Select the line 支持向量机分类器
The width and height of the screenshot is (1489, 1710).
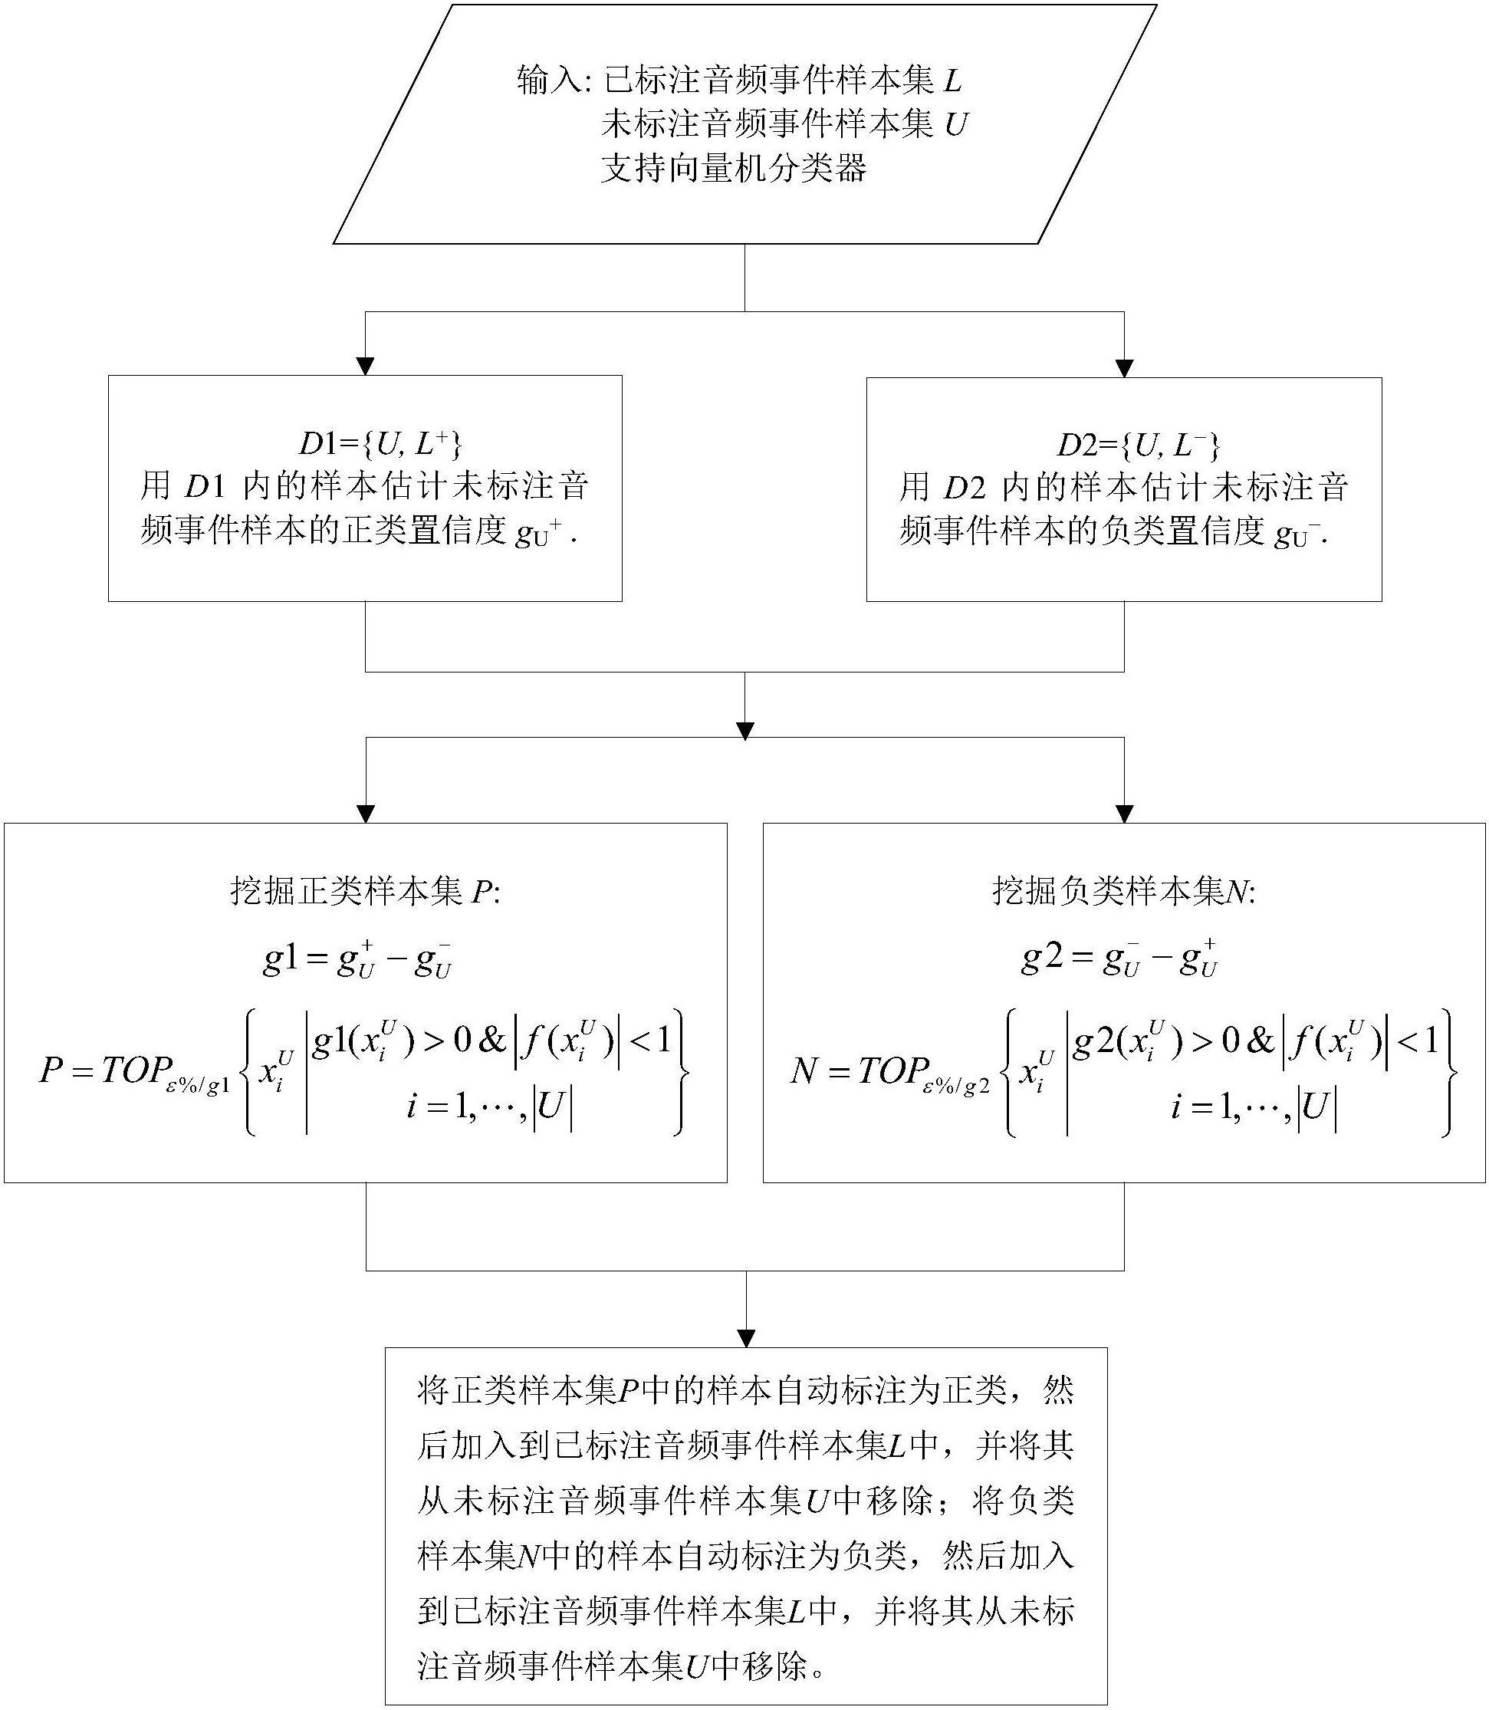coord(734,169)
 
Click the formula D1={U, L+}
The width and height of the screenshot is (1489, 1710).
coord(380,445)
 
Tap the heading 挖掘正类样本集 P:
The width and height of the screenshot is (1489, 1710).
coord(366,892)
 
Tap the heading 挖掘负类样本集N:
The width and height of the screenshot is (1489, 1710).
coord(1124,892)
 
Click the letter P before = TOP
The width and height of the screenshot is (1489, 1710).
coord(51,1070)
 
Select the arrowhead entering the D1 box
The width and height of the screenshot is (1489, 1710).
coord(365,367)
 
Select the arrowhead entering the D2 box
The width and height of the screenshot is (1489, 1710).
coord(1124,368)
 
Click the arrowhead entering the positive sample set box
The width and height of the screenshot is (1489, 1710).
coord(365,814)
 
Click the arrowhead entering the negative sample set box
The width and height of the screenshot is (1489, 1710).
coord(1124,814)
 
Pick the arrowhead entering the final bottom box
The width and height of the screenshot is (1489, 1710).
coord(746,1338)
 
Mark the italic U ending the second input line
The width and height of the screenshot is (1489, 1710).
coord(956,126)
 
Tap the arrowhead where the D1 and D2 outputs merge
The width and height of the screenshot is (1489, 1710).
coord(745,730)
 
